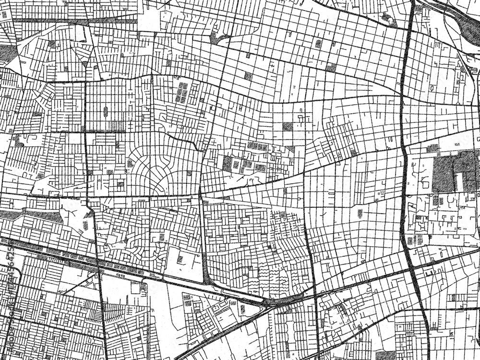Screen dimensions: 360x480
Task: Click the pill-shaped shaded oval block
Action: (105, 112)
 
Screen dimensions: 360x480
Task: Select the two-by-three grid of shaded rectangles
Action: (183, 93)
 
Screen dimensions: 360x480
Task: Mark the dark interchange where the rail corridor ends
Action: (269, 302)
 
